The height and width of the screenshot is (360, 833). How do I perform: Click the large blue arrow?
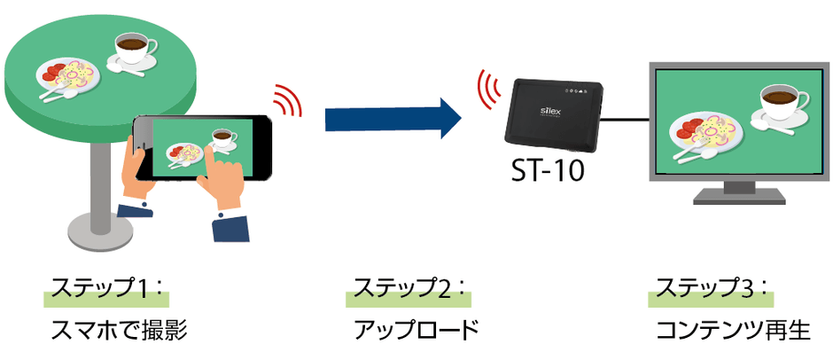(390, 115)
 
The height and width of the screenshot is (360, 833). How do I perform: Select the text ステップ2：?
(410, 289)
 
